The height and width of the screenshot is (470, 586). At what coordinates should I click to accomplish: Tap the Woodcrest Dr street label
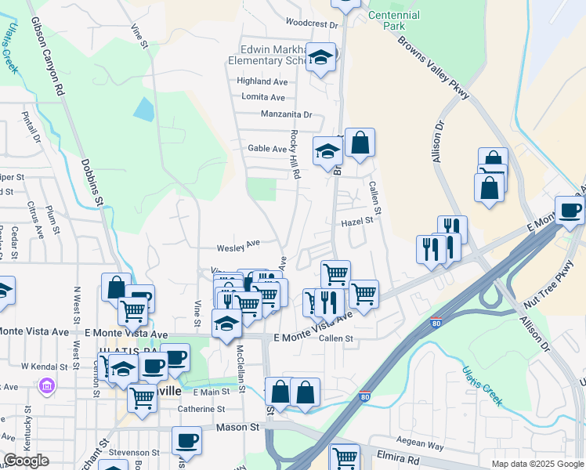[x=311, y=24]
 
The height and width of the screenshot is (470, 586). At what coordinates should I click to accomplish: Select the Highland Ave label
[x=262, y=81]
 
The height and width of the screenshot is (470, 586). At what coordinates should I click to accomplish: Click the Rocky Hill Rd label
[x=296, y=154]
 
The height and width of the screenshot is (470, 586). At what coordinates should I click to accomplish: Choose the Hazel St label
[x=356, y=222]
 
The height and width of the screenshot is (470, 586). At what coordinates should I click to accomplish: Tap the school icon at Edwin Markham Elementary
[x=320, y=56]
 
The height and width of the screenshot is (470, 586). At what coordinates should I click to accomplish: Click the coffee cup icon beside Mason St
[x=186, y=440]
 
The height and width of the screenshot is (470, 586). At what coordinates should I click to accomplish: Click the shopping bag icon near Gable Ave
[x=360, y=143]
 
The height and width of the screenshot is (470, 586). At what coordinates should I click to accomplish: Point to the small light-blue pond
[x=143, y=109]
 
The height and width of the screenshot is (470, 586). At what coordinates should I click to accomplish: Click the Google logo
[x=27, y=461]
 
